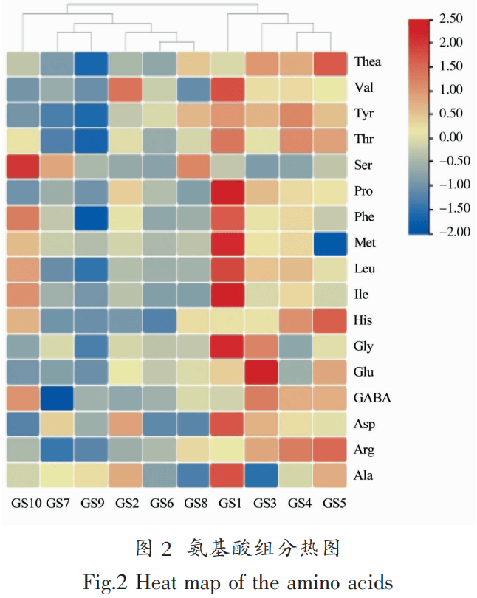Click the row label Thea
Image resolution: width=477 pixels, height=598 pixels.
coord(367,62)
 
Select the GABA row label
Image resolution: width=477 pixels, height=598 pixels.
coord(372,398)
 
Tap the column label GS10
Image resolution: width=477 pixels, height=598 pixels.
coord(24,504)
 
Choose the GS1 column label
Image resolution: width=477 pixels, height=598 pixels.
coord(228,504)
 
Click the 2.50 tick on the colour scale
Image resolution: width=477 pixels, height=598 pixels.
coord(450,18)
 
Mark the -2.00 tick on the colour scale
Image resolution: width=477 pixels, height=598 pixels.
coord(448,231)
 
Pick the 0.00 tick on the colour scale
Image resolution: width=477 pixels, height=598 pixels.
coord(450,137)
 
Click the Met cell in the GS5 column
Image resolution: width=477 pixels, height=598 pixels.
coord(331,244)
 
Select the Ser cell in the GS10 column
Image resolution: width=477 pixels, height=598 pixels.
coord(24,166)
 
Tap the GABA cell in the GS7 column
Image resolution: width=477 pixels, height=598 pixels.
coord(58,399)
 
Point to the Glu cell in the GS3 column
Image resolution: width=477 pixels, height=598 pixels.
coord(263,373)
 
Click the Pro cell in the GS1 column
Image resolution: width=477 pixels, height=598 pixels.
coord(228,192)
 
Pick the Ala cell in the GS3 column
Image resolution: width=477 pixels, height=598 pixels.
coord(263,475)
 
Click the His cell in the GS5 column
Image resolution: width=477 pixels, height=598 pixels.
coord(331,321)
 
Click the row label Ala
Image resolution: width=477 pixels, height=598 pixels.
coord(364,475)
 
